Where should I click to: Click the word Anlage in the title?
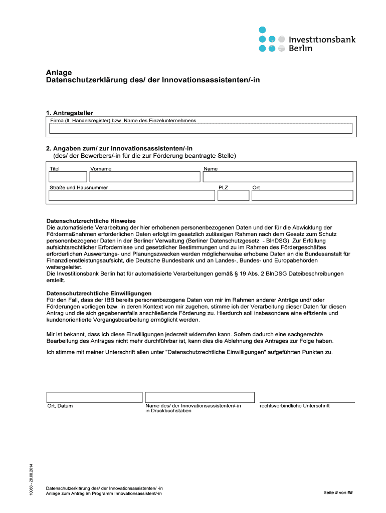pyautogui.click(x=59, y=72)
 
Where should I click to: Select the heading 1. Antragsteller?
pyautogui.click(x=70, y=113)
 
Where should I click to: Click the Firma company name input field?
pyautogui.click(x=201, y=129)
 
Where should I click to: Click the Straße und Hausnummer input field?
pyautogui.click(x=131, y=196)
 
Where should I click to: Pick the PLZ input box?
pyautogui.click(x=233, y=196)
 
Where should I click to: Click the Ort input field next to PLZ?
pyautogui.click(x=302, y=196)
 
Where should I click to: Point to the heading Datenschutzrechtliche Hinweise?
pyautogui.click(x=91, y=221)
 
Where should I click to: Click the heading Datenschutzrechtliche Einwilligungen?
pyautogui.click(x=99, y=293)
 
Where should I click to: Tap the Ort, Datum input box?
pyautogui.click(x=94, y=397)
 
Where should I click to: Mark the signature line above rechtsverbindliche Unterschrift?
pyautogui.click(x=307, y=402)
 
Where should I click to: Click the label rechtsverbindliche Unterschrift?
pyautogui.click(x=295, y=406)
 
